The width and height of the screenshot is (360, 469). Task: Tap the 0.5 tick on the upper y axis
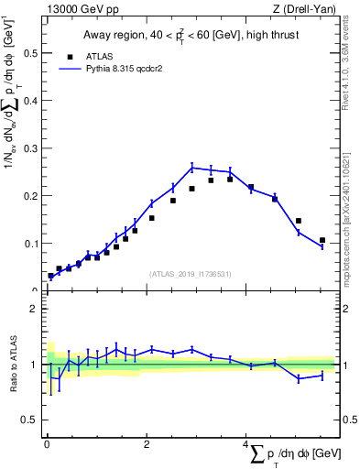click(x=33, y=53)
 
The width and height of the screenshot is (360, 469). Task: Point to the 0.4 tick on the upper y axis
click(x=33, y=101)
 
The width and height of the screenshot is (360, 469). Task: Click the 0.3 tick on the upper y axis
click(x=33, y=148)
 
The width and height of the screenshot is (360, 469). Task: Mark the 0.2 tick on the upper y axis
click(x=33, y=196)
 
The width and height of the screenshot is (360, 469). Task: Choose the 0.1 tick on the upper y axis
click(x=33, y=244)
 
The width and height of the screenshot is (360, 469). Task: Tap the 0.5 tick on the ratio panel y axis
click(x=33, y=420)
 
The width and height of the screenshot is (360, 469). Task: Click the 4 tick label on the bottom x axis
click(x=246, y=445)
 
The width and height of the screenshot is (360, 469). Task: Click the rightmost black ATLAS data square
click(x=322, y=240)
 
